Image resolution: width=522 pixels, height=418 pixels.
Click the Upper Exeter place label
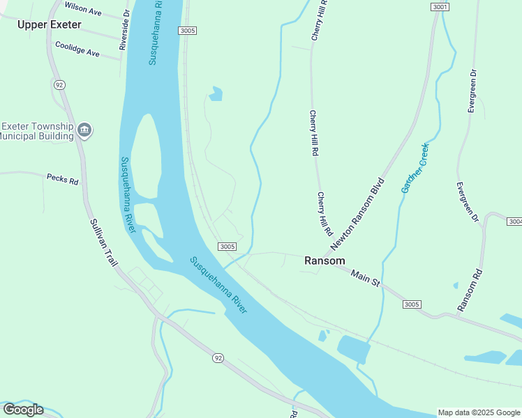pyautogui.click(x=50, y=25)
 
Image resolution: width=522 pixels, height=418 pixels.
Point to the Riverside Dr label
pyautogui.click(x=125, y=30)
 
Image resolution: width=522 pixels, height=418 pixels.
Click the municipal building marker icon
pyautogui.click(x=85, y=130)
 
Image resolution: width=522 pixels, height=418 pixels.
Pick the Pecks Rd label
pyautogui.click(x=62, y=179)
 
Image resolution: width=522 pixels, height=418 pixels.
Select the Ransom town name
pyautogui.click(x=325, y=261)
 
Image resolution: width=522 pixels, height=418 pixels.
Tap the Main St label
pyautogui.click(x=364, y=278)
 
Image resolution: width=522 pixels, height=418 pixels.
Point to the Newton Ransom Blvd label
pyautogui.click(x=358, y=218)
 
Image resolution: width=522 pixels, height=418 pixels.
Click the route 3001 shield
pyautogui.click(x=439, y=6)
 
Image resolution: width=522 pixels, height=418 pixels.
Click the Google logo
pyautogui.click(x=23, y=410)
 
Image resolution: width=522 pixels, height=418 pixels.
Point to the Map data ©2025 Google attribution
pyautogui.click(x=479, y=412)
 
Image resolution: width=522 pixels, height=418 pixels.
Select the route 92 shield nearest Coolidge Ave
pyautogui.click(x=59, y=84)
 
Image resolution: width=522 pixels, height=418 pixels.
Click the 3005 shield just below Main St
pyautogui.click(x=412, y=304)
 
